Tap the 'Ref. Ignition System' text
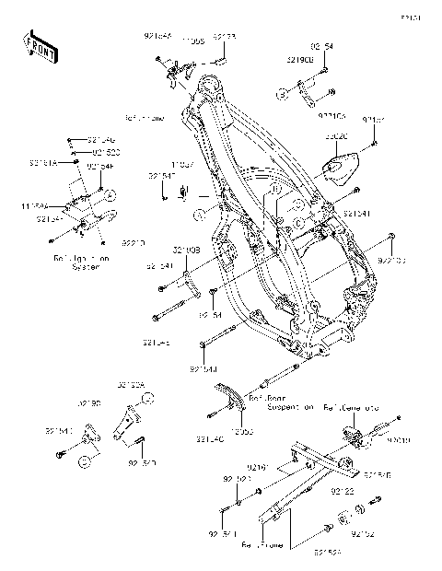71,263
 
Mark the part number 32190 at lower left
89,403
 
